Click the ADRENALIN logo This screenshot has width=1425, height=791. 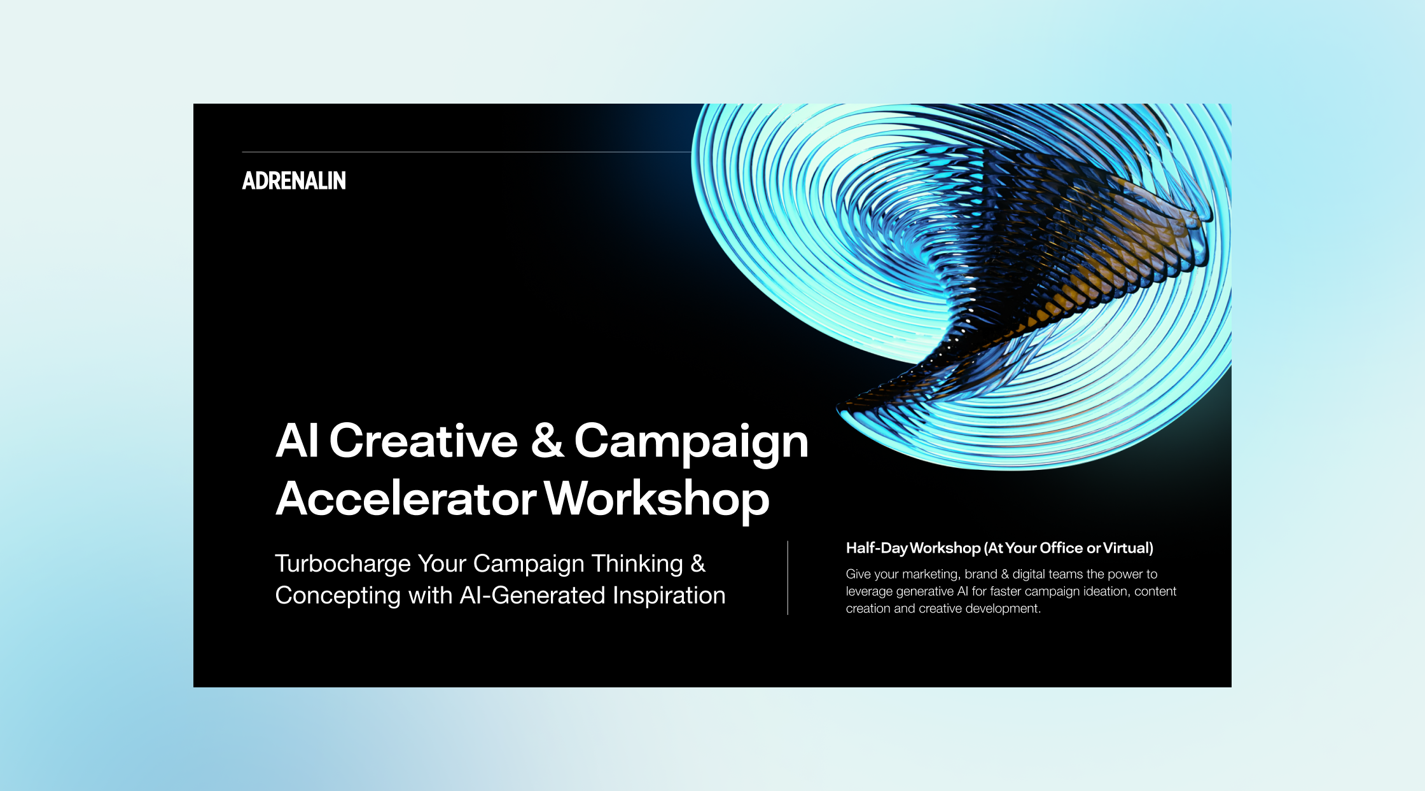point(294,181)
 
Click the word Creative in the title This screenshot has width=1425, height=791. point(424,441)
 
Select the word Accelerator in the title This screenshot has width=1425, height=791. point(407,499)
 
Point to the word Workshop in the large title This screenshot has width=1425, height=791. point(657,500)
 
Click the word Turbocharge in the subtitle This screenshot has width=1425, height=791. point(343,564)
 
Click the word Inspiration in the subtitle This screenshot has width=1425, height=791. point(669,596)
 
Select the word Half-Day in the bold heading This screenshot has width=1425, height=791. point(877,548)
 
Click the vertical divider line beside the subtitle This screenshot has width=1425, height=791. point(788,578)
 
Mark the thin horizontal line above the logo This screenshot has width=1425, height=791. point(466,152)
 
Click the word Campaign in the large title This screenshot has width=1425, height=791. point(692,443)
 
